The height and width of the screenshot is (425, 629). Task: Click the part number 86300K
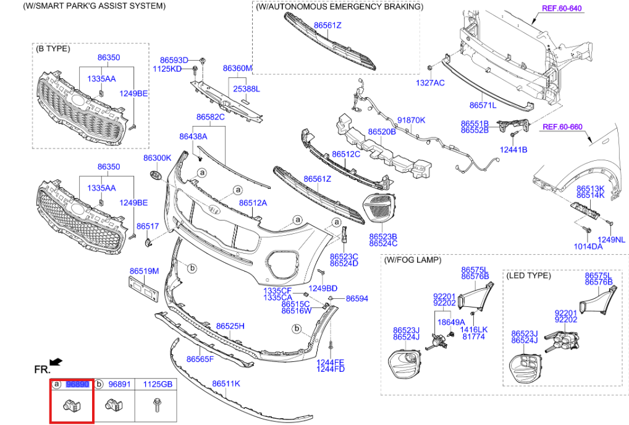(157, 158)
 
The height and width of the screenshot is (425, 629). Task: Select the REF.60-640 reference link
(562, 8)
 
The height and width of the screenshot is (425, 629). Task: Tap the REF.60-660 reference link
(562, 127)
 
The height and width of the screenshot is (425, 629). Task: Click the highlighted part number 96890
(78, 384)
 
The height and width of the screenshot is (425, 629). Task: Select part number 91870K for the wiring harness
(411, 120)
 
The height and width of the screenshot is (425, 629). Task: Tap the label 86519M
(144, 271)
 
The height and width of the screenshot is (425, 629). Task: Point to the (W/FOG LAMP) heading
(412, 260)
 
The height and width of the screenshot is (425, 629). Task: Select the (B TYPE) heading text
(53, 48)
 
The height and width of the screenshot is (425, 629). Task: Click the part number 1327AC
(429, 82)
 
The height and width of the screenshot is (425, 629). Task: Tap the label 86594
(357, 298)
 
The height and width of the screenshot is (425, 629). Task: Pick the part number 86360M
(237, 68)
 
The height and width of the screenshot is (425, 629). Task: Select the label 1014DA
(588, 246)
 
